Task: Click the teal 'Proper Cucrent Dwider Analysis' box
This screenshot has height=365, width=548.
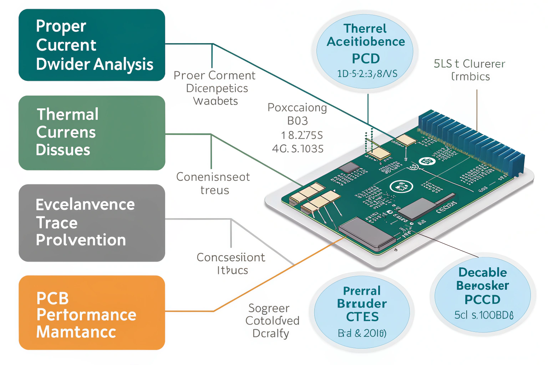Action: pos(92,45)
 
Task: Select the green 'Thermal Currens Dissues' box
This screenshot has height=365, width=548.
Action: pos(92,133)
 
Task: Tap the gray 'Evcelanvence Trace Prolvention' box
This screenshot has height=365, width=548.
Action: pos(92,223)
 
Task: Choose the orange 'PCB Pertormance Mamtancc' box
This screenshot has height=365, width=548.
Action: pos(92,313)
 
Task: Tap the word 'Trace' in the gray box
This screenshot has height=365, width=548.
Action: pos(57,223)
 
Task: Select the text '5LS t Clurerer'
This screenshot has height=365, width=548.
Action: pos(469,64)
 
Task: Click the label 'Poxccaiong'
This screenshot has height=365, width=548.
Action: pos(297,108)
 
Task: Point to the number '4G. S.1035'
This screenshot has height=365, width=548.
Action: pos(298,149)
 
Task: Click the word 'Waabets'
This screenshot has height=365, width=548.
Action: pos(215,101)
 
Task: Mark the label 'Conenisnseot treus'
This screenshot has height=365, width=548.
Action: pos(213,183)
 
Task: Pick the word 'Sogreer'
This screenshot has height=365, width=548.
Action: pos(269,308)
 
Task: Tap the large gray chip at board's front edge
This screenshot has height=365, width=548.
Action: pos(367,233)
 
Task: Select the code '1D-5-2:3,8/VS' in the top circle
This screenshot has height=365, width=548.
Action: pos(367,74)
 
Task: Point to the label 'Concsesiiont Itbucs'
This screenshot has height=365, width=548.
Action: pos(231,263)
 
